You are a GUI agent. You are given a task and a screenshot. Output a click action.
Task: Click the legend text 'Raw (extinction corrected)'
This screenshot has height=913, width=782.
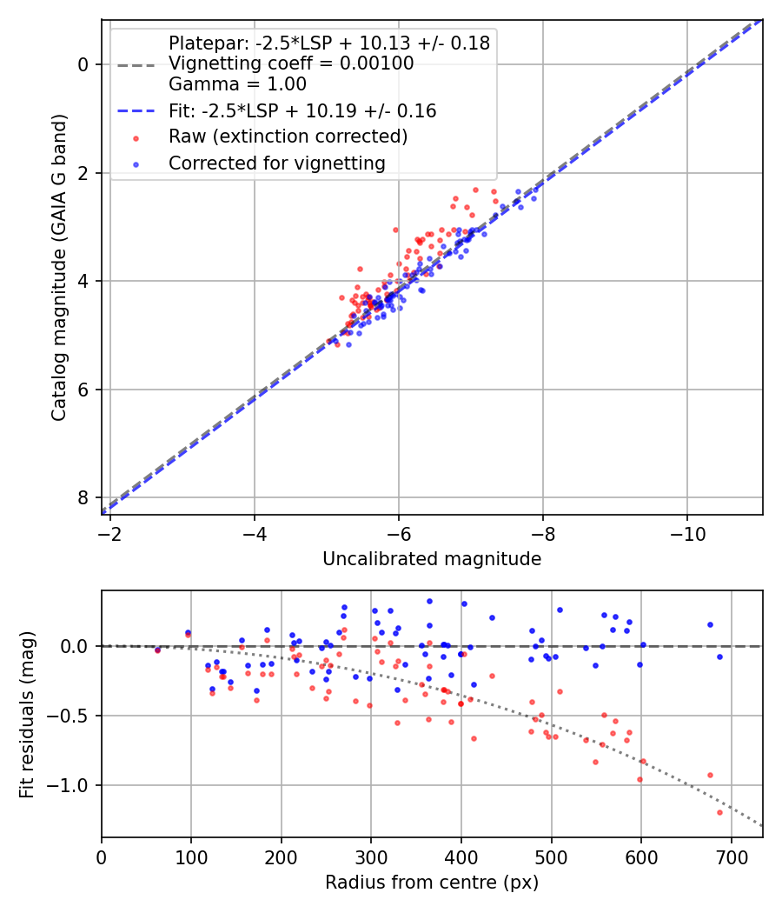tap(288, 137)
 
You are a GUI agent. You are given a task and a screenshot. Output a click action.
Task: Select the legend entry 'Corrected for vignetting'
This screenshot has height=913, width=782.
tap(276, 163)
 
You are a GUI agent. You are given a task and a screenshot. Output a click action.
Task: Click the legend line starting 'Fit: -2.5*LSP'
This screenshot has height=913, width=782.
tap(302, 111)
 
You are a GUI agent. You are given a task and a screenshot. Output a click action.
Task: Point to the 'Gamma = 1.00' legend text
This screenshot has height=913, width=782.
tap(237, 85)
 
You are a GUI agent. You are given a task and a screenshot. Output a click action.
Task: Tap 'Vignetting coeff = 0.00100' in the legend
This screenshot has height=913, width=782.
tap(291, 63)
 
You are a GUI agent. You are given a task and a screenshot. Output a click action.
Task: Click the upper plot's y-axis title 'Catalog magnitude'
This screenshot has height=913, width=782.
tap(58, 285)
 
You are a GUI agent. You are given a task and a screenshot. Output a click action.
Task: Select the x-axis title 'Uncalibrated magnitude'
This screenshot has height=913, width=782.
tap(432, 559)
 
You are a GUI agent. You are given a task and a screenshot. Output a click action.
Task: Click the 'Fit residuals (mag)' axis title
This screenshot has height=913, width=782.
tap(27, 714)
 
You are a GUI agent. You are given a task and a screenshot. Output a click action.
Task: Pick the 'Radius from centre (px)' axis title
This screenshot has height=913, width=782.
tap(432, 883)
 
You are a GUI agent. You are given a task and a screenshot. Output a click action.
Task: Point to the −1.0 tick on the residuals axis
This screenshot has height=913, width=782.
tap(70, 785)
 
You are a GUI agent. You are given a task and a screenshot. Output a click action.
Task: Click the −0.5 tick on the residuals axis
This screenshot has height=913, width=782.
tap(70, 716)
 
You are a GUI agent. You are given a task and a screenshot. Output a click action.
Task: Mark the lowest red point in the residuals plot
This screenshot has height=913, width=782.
tap(719, 812)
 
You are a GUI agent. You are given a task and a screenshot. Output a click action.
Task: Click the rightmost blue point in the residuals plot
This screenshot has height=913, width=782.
tap(719, 656)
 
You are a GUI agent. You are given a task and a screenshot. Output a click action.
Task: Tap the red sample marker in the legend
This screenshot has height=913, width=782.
tap(135, 137)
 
